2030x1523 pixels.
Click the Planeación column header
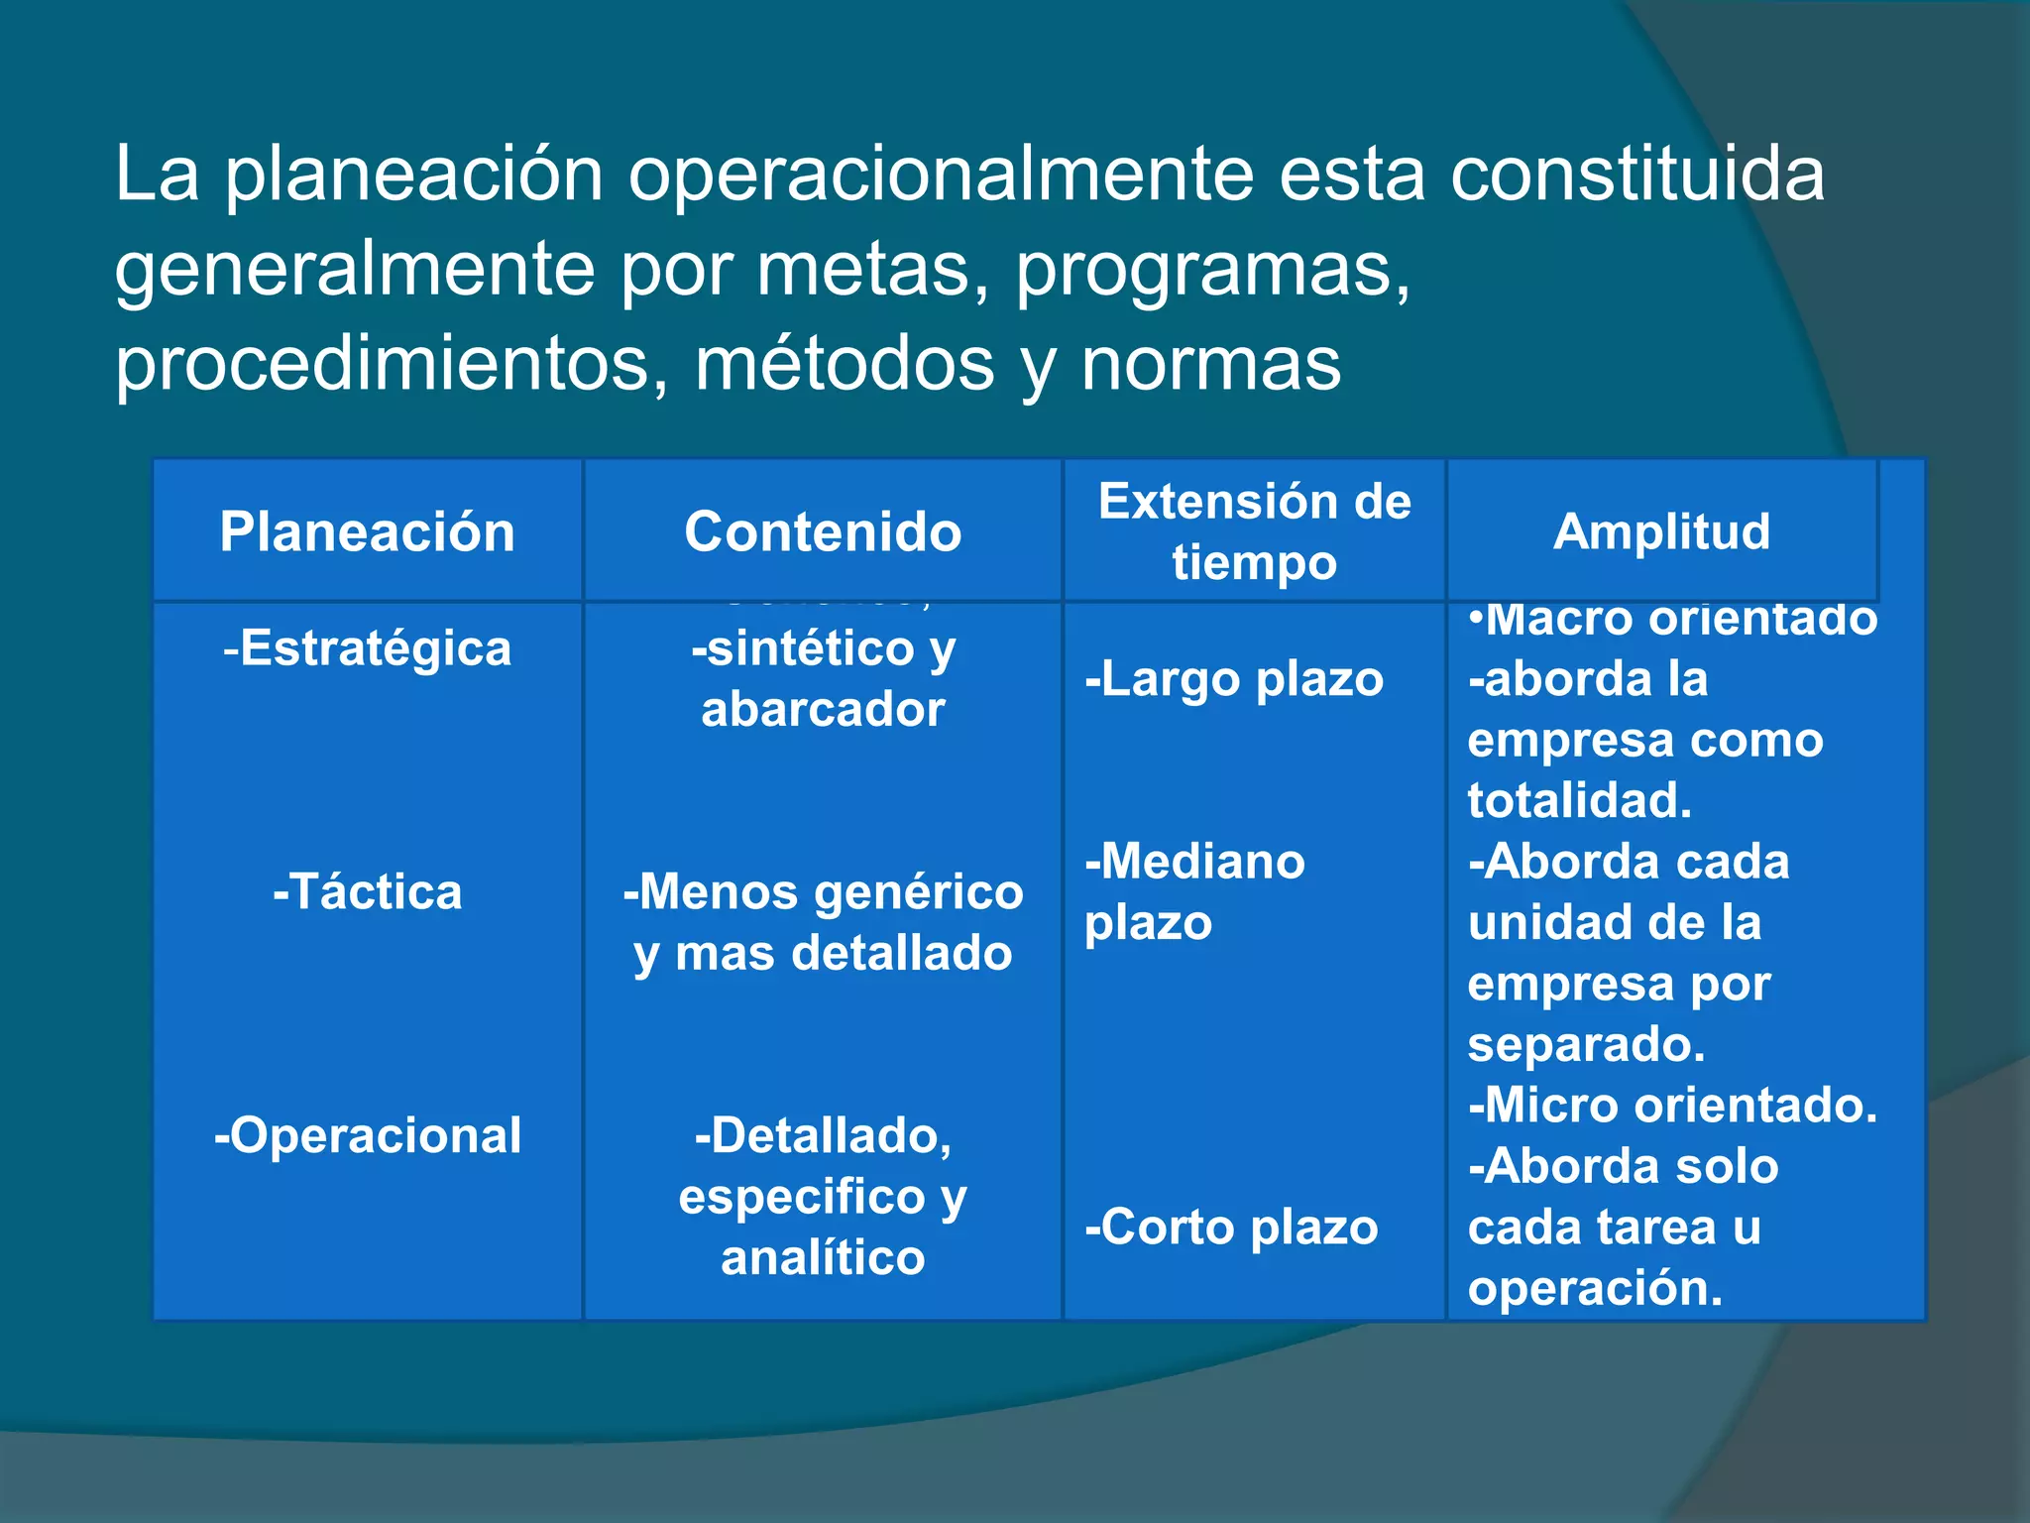(x=367, y=532)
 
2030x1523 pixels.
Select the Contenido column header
(x=823, y=532)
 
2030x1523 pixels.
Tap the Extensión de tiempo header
(x=1254, y=531)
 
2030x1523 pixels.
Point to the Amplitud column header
(x=1661, y=531)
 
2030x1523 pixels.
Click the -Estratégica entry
(x=367, y=649)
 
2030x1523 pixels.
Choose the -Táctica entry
(x=367, y=892)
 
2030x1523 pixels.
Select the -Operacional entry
(x=367, y=1136)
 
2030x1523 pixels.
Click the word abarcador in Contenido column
(x=823, y=710)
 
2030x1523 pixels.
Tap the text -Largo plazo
(x=1233, y=680)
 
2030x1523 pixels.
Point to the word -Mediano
(x=1194, y=862)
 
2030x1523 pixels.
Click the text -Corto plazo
(x=1231, y=1229)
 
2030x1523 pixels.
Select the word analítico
(x=823, y=1258)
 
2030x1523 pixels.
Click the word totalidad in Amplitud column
(x=1579, y=801)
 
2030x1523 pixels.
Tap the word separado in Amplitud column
(x=1586, y=1045)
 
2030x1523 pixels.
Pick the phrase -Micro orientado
(x=1672, y=1106)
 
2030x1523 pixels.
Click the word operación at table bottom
(x=1595, y=1289)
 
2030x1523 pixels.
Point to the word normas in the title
(x=1210, y=365)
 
